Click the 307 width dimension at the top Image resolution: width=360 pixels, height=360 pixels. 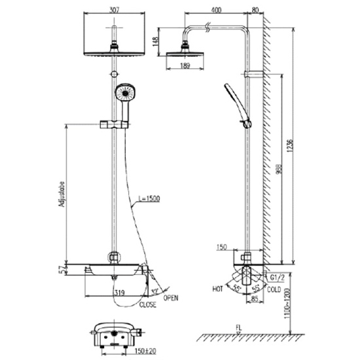[115, 9]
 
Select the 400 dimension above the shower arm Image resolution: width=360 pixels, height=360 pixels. [216, 9]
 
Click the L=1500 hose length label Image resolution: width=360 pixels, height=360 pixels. [150, 198]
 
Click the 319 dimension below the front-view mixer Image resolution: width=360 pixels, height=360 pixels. [118, 295]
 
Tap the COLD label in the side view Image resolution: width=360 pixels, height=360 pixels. [274, 289]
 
